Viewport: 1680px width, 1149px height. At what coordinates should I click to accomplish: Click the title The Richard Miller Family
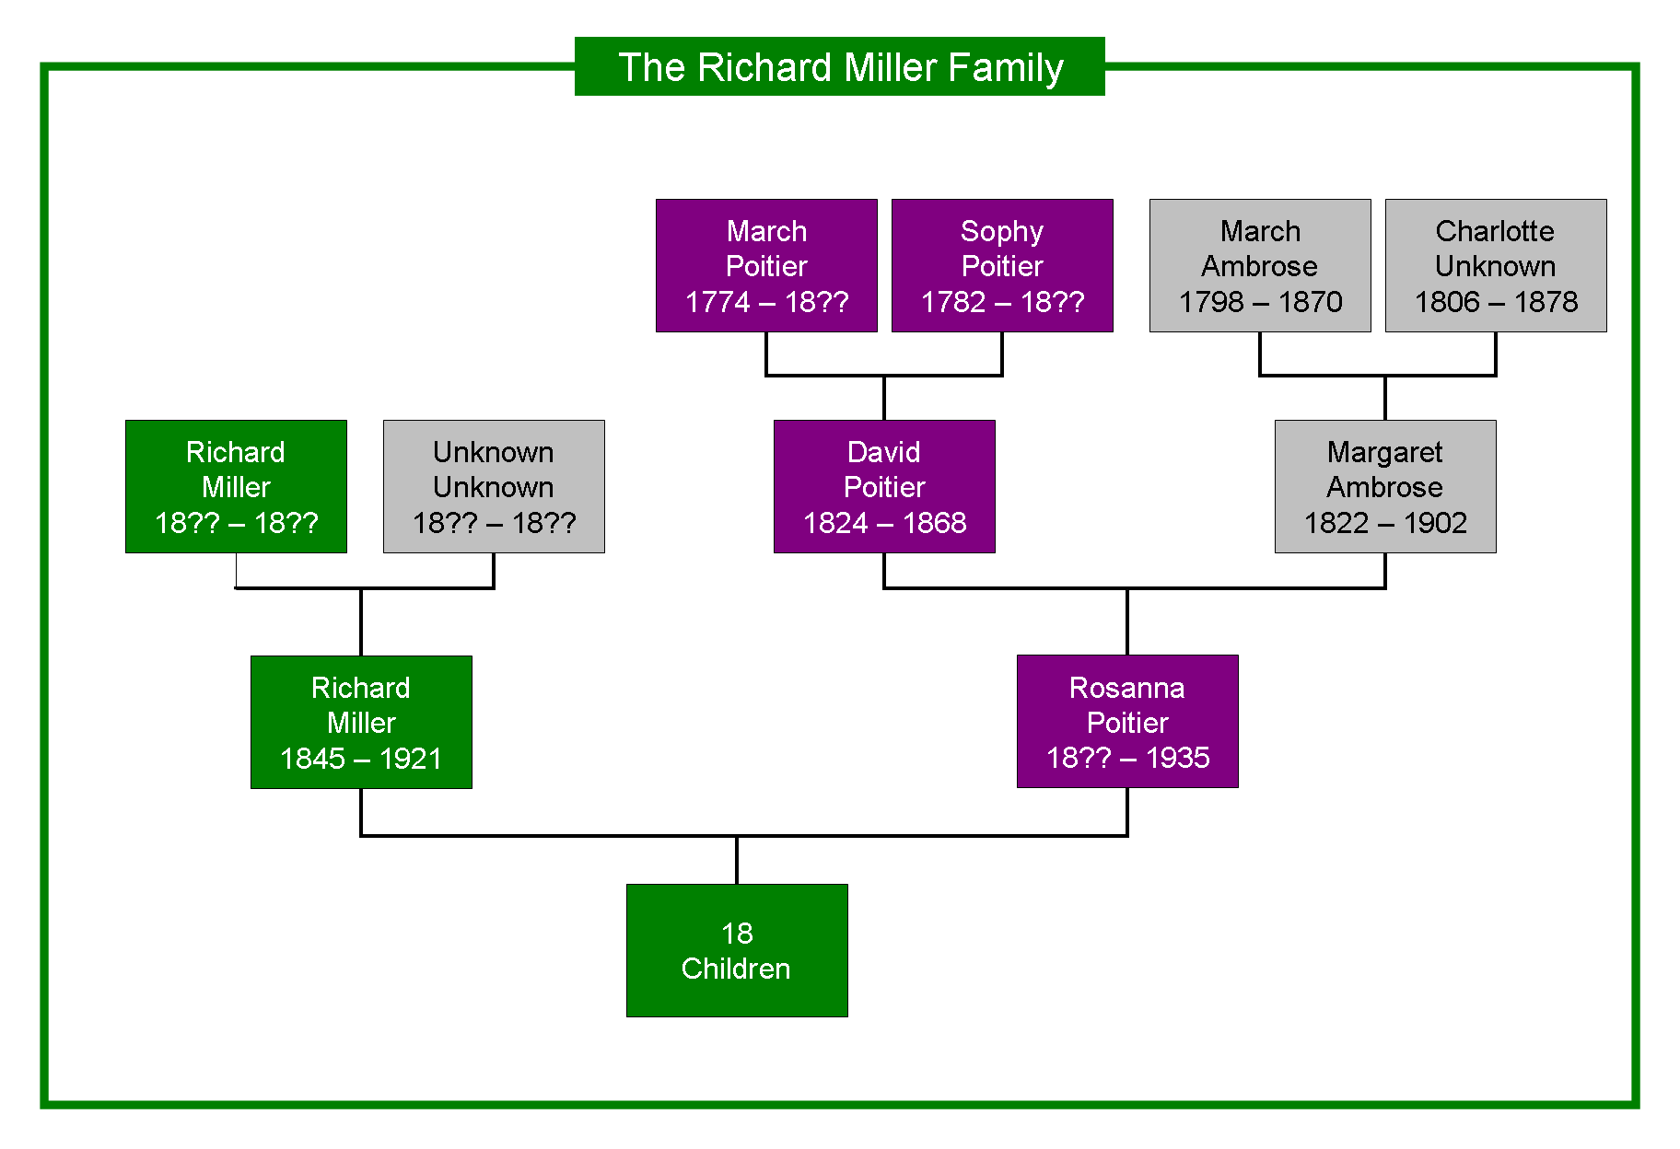[x=840, y=67]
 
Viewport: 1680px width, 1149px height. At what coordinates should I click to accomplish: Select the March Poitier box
[x=766, y=265]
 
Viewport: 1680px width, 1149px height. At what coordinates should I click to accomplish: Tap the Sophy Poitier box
[x=1002, y=265]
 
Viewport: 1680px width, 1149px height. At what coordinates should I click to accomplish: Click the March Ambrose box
[x=1260, y=265]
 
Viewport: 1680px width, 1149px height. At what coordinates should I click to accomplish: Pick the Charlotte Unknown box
[x=1496, y=265]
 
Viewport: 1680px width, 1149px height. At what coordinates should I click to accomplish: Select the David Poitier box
[x=884, y=486]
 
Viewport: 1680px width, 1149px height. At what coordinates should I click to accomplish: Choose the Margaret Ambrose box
[x=1385, y=486]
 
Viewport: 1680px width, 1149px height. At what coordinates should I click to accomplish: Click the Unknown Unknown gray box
[x=494, y=486]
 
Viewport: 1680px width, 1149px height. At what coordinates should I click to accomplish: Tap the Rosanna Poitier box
[x=1127, y=721]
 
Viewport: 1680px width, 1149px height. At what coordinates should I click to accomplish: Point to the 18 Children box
[x=737, y=950]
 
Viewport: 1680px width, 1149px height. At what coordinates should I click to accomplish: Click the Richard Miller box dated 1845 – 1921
[x=361, y=722]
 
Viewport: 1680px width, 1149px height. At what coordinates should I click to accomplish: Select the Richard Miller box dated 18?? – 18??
[x=236, y=486]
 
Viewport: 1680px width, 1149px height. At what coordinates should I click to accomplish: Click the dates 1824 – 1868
[x=884, y=523]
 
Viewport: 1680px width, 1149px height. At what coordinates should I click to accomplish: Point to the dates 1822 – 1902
[x=1385, y=523]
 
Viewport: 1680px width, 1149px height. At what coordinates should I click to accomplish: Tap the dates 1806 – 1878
[x=1496, y=302]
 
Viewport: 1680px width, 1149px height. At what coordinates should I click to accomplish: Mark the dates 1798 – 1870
[x=1260, y=302]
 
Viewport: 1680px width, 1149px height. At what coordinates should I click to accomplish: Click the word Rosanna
[x=1127, y=688]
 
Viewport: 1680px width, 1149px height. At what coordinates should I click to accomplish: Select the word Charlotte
[x=1495, y=231]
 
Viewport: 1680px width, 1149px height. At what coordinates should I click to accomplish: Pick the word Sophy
[x=1002, y=232]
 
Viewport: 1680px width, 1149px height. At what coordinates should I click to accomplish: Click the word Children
[x=736, y=969]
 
